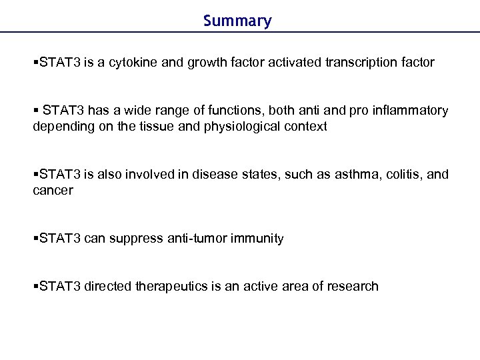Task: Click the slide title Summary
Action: point(237,21)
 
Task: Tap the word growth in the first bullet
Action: point(205,63)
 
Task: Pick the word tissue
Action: point(149,127)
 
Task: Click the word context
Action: point(305,127)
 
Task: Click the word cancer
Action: point(53,191)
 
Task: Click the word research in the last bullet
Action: point(353,286)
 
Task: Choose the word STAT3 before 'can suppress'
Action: point(60,238)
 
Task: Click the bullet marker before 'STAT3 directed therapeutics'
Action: point(36,286)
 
